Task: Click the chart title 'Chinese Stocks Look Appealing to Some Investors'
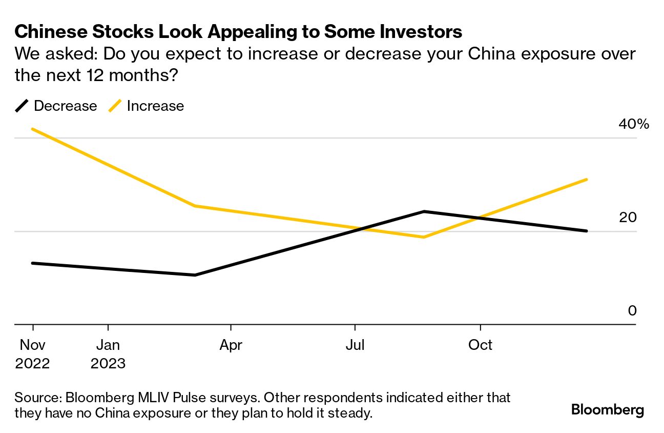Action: click(238, 32)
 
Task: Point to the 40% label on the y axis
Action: click(634, 124)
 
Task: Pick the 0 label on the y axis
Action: click(632, 311)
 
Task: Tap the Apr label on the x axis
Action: click(231, 345)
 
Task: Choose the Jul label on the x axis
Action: click(355, 345)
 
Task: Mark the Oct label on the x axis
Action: click(480, 345)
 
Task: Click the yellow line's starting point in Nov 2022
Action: click(33, 129)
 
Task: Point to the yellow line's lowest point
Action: click(424, 237)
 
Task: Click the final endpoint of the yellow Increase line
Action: click(587, 180)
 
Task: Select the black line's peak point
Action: click(424, 211)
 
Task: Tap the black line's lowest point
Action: click(195, 275)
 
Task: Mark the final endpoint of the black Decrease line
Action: click(587, 231)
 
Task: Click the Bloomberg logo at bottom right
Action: click(607, 410)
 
